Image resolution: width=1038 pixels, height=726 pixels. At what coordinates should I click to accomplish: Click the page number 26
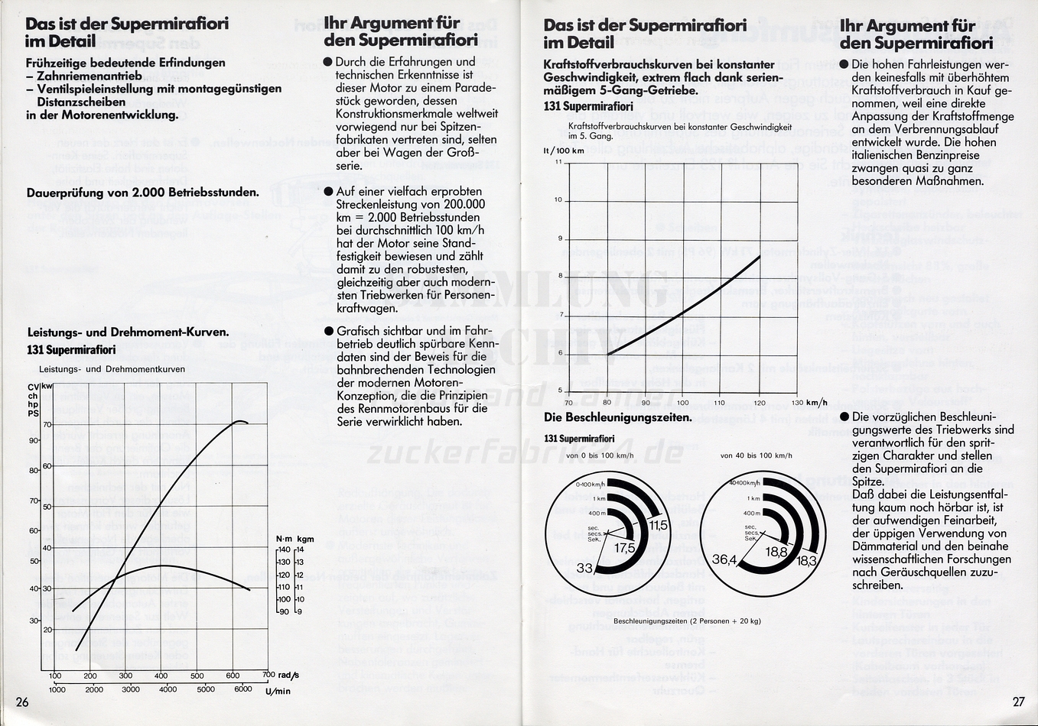point(22,702)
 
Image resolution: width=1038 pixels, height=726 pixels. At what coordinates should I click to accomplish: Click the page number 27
point(1018,702)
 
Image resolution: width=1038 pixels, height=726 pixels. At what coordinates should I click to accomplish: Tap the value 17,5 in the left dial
point(624,548)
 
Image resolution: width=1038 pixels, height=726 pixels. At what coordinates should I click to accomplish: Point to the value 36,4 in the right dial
point(723,560)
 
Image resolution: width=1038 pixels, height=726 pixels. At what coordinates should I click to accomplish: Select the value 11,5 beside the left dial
point(658,525)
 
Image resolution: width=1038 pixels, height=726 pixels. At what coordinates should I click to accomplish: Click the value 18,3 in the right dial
point(807,560)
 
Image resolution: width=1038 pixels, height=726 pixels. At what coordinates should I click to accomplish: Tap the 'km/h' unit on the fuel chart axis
point(817,402)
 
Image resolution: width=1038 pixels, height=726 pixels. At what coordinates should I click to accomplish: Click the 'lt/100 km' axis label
point(564,151)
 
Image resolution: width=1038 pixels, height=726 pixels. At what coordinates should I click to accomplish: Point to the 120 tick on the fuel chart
point(759,403)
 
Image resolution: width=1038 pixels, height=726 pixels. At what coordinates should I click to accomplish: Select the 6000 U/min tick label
point(242,689)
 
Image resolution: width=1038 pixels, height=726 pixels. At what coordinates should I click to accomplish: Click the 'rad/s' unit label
point(288,676)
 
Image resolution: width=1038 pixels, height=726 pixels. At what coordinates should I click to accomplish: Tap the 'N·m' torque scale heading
point(284,539)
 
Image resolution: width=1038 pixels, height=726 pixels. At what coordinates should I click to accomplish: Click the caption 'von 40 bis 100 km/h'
point(756,455)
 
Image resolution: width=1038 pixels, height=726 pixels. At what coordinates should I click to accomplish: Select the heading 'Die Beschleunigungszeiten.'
point(617,417)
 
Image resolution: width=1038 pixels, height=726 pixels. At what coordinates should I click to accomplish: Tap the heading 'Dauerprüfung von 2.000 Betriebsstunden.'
point(142,193)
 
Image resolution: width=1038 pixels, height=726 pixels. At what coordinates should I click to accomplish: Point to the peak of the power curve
point(239,421)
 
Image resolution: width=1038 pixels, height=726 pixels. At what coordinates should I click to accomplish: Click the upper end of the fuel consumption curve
point(760,256)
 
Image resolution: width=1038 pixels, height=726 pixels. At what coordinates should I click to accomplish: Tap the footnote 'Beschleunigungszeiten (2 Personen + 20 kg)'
point(687,621)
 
